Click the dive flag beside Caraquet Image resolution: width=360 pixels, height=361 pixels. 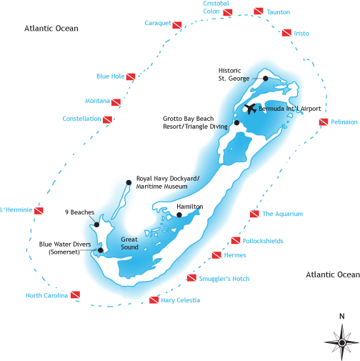177,25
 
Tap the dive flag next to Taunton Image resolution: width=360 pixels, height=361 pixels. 259,11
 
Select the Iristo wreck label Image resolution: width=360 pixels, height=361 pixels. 301,34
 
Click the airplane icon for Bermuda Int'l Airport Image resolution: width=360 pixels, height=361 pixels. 251,109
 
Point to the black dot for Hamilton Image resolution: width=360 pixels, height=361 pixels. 179,215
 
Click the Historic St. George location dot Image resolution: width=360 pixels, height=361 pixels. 266,79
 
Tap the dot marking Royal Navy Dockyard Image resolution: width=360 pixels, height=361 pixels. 129,182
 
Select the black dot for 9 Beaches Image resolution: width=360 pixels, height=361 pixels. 96,224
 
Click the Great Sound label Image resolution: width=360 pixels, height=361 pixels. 129,243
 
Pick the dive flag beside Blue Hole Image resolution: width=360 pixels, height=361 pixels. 131,76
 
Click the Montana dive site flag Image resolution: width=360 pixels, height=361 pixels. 116,102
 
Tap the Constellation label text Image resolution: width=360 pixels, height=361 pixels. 81,119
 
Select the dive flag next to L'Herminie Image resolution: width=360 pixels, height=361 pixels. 39,211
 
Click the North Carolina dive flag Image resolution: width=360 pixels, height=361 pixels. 75,295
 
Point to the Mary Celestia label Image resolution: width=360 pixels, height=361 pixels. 180,300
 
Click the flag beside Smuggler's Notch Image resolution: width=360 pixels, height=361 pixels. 191,278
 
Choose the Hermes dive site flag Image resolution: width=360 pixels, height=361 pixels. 216,255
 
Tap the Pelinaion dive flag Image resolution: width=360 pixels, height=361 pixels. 324,122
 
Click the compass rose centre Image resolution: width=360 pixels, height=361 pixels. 342,343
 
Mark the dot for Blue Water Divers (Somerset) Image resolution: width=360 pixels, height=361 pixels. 101,250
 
